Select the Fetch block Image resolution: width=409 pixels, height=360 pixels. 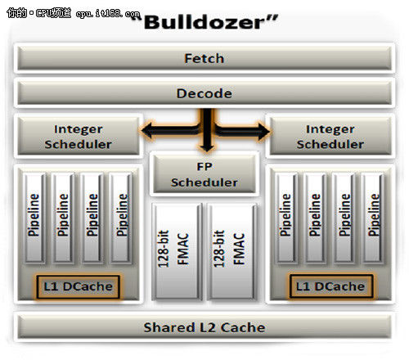204,58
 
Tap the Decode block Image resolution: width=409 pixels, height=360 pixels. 204,93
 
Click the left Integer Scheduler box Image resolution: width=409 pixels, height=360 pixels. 79,137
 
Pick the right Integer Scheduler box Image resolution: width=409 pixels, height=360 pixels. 330,137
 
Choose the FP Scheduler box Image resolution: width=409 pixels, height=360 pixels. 204,174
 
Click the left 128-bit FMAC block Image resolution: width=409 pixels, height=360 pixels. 178,251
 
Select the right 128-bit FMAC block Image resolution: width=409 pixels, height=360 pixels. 233,251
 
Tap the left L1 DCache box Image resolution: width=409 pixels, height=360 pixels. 78,286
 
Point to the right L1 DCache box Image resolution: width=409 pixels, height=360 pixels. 330,286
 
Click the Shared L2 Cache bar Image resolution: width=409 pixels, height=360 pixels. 204,327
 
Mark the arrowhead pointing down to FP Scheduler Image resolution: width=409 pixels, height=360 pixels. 207,147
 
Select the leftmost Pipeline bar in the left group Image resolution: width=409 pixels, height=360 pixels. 34,218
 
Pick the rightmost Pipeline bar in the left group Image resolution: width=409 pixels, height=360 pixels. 122,218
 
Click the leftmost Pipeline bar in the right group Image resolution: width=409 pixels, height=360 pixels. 286,218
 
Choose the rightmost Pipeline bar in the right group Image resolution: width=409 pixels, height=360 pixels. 374,218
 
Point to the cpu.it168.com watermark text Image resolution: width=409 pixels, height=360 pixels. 108,13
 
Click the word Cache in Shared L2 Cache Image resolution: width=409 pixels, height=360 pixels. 243,327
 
